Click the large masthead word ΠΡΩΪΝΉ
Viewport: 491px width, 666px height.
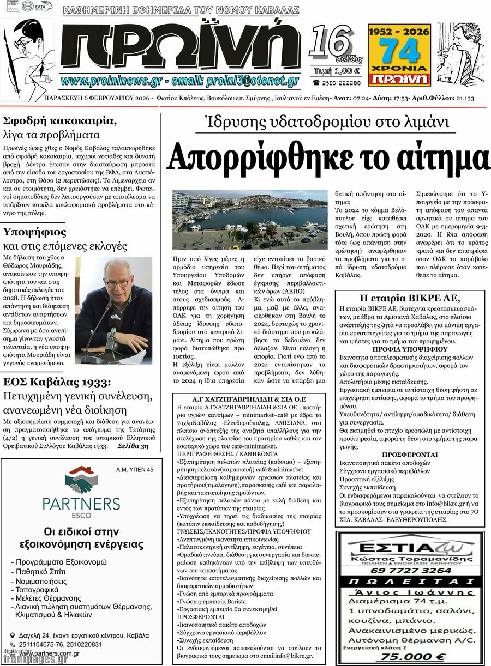(x=180, y=46)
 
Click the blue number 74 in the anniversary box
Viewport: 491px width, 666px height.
(x=399, y=52)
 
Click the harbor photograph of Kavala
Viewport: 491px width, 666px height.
(x=250, y=220)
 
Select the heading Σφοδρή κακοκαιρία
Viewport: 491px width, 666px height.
(x=60, y=120)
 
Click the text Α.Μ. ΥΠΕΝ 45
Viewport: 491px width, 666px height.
(x=135, y=469)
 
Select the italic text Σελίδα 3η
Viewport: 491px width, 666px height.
(x=133, y=445)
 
